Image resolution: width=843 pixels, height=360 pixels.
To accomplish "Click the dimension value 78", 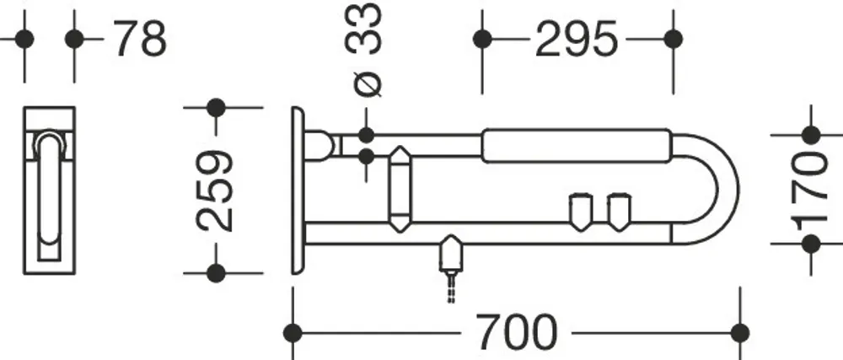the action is [141, 40].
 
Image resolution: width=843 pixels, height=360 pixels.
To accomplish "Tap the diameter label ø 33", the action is [363, 50].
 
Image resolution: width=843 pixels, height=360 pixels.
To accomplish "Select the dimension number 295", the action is [576, 40].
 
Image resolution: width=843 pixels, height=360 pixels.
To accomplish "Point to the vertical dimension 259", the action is [216, 191].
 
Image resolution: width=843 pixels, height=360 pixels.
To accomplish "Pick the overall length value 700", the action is [517, 333].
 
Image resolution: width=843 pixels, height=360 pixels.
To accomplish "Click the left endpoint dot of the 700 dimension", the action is [293, 333].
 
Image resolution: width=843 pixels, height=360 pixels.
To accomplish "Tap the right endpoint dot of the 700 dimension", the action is [740, 333].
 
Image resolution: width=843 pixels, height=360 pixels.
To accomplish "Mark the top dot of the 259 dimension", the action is [216, 107].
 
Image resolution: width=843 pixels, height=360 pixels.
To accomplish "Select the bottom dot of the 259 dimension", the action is [216, 273].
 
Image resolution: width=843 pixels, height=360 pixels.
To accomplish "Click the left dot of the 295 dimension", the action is [482, 40].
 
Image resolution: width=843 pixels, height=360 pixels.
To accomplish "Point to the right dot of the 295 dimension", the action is [673, 40].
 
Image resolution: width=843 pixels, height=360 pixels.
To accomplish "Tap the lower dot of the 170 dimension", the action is [811, 244].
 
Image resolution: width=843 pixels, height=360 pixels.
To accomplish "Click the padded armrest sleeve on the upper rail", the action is [577, 146].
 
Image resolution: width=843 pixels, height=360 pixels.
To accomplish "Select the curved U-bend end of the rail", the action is [728, 189].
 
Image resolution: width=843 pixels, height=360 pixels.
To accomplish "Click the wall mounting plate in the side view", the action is [298, 191].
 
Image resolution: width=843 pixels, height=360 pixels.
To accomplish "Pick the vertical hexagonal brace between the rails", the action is [400, 189].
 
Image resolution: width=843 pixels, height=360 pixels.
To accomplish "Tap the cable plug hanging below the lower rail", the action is [451, 255].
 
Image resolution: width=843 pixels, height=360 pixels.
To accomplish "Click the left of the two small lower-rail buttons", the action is [581, 212].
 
